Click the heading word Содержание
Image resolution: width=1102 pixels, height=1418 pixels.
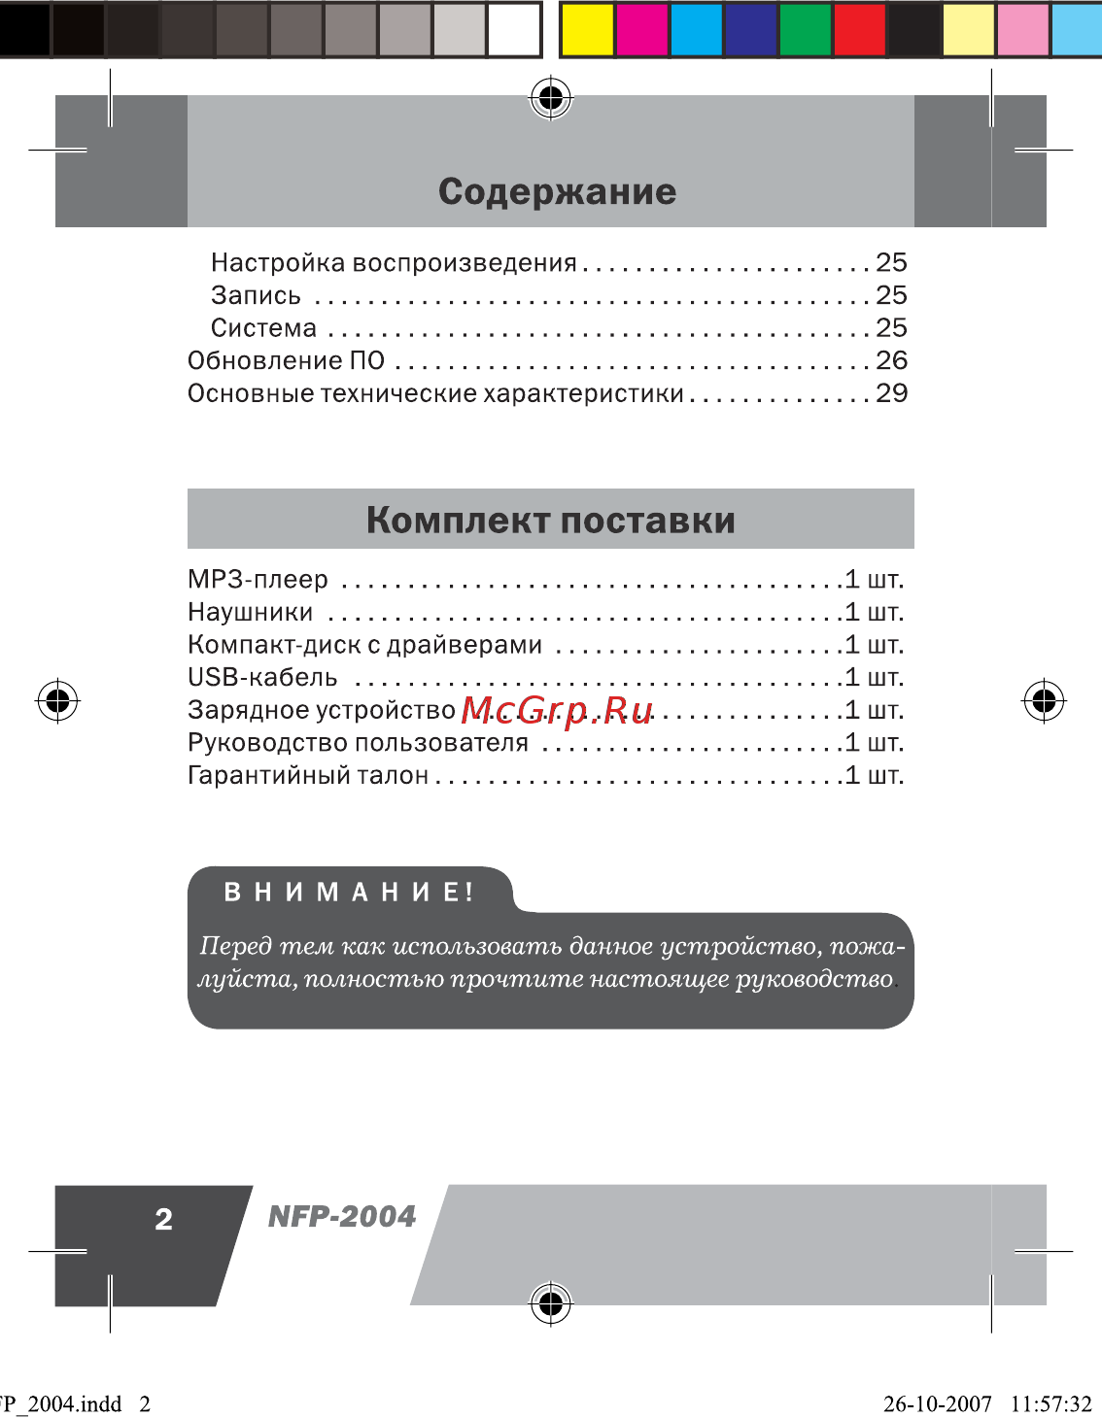tap(557, 191)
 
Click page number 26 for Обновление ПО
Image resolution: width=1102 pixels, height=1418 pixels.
tap(891, 360)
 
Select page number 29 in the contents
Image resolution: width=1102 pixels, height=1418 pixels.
tap(891, 393)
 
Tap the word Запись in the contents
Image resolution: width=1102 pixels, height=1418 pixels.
tap(256, 295)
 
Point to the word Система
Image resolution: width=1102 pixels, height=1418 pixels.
tap(263, 328)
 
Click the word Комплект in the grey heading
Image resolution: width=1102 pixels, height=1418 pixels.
tap(458, 521)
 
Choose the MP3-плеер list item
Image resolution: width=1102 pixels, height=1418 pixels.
tap(258, 580)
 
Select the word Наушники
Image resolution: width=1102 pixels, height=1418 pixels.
tap(250, 613)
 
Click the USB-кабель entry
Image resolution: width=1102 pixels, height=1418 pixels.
tap(262, 678)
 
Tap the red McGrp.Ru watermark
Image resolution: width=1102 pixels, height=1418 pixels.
tap(557, 711)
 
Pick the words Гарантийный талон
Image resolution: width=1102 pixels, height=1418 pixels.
tap(308, 776)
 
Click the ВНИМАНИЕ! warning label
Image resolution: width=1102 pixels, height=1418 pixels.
tap(349, 892)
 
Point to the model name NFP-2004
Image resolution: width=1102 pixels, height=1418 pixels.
tap(342, 1216)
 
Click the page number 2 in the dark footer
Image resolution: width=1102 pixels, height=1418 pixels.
tap(163, 1220)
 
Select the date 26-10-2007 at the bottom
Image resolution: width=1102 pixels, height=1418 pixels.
tap(937, 1403)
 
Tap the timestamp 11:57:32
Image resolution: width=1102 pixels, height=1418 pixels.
tap(1050, 1403)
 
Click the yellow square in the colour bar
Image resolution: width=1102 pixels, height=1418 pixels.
tap(587, 29)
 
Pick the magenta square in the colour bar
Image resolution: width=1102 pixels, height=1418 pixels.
tap(641, 29)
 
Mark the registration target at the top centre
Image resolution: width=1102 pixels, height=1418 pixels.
tap(551, 98)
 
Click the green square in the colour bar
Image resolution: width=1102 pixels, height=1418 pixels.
tap(805, 29)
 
